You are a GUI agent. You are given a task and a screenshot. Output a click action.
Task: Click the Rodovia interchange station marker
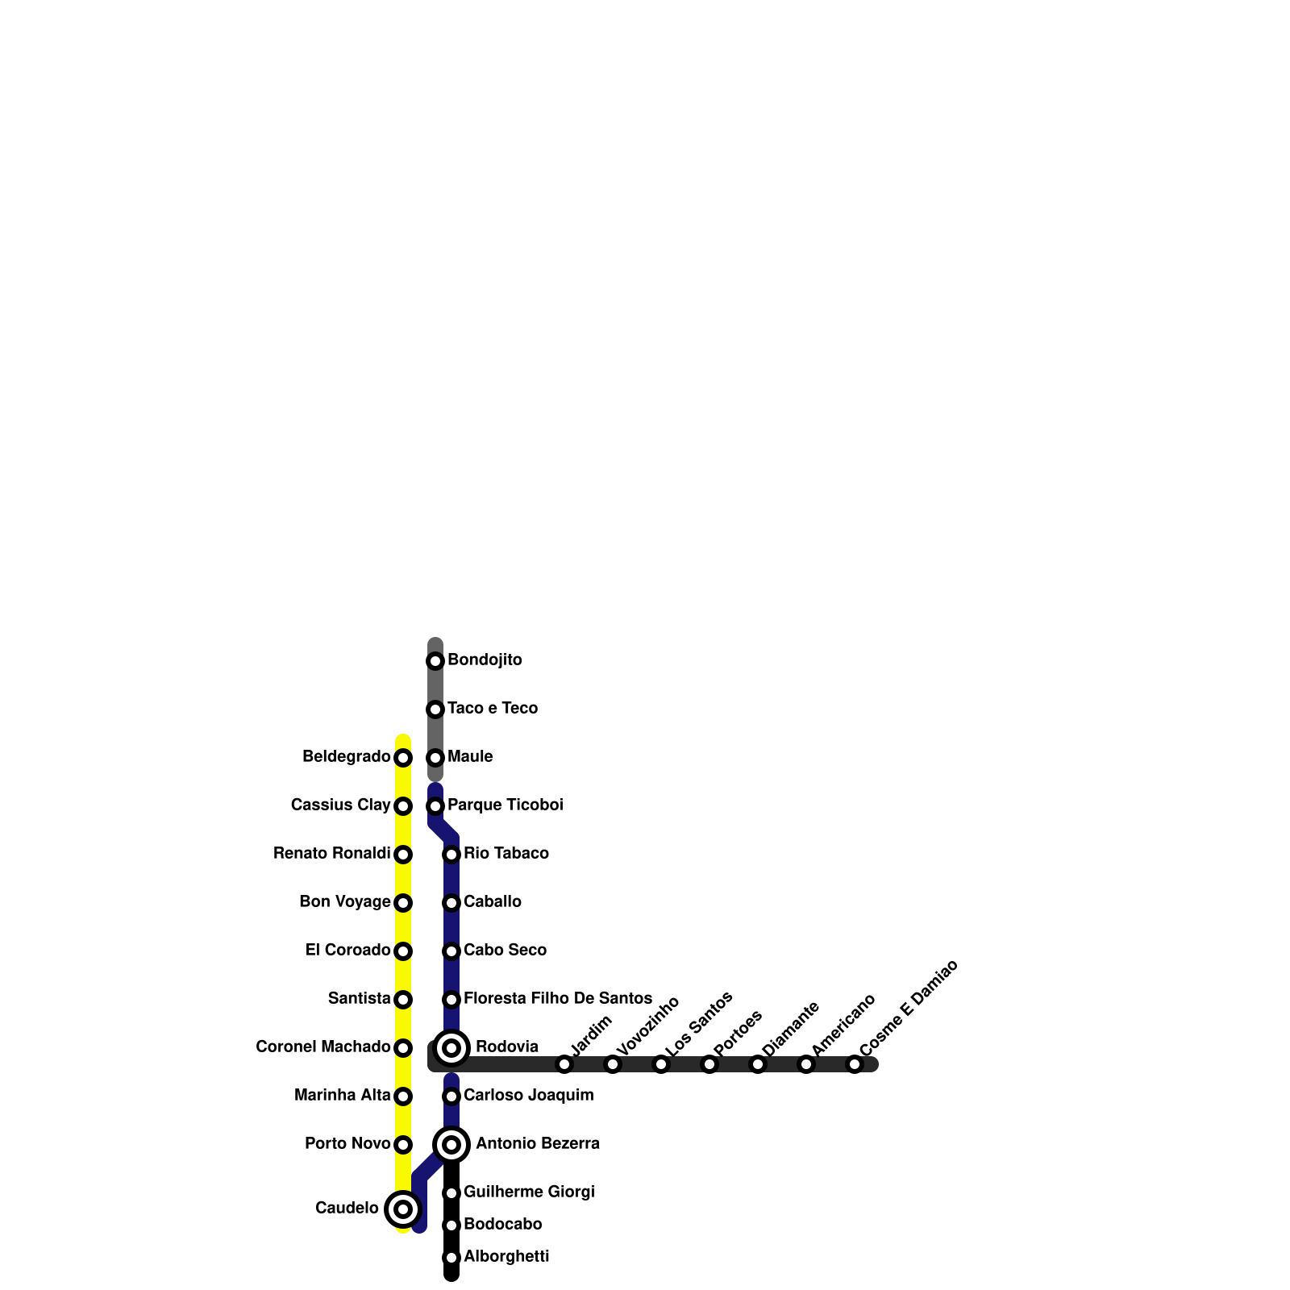[451, 1048]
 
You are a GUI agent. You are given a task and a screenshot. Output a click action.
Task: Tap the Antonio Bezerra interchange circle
[451, 1145]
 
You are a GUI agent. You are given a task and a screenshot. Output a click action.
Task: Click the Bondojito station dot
[435, 661]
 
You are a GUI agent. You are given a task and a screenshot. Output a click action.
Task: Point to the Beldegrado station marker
[403, 758]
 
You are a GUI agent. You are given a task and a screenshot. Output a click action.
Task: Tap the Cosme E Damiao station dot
[855, 1064]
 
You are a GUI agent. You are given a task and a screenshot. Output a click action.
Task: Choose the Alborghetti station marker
[451, 1258]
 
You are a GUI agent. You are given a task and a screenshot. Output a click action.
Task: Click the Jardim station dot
[564, 1064]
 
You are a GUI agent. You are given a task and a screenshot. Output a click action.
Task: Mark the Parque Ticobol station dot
[435, 806]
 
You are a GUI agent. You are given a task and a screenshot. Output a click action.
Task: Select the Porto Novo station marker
[403, 1145]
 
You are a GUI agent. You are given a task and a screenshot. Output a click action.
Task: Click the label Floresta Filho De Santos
[558, 999]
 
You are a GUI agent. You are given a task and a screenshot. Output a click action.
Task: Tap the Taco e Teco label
[493, 709]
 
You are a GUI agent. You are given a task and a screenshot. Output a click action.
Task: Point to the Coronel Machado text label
[322, 1047]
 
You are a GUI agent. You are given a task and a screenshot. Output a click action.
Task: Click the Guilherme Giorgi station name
[529, 1192]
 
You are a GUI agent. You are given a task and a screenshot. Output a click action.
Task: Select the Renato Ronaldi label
[331, 854]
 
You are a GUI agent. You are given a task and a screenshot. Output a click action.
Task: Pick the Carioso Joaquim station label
[529, 1096]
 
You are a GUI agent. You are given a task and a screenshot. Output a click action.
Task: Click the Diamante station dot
[758, 1064]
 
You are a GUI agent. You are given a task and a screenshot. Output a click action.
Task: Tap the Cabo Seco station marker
[451, 951]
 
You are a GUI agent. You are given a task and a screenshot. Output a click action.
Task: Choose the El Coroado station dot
[403, 951]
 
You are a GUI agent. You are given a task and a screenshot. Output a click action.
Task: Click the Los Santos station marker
[661, 1064]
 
